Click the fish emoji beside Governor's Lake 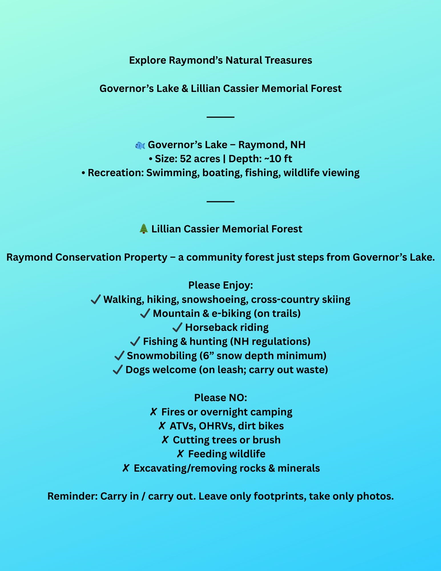tap(140, 145)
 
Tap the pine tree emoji tap(144, 229)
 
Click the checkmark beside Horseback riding tap(177, 327)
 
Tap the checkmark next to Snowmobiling tap(119, 356)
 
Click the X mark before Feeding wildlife tap(180, 454)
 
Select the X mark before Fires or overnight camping tap(154, 412)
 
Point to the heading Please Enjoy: tap(220, 285)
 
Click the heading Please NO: tap(220, 398)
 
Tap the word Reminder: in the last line tap(73, 496)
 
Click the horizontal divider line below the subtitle tap(220, 117)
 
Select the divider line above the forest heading tap(220, 201)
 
